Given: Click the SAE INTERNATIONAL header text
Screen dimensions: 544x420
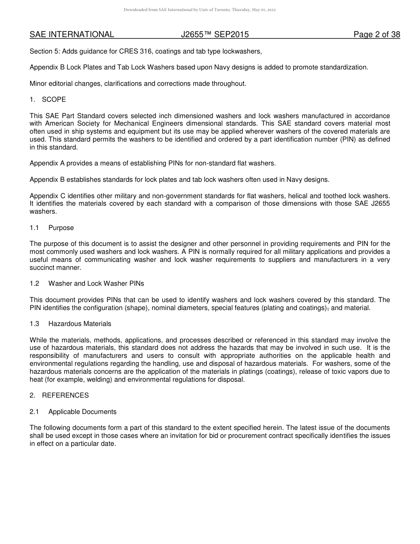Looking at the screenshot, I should tap(72, 34).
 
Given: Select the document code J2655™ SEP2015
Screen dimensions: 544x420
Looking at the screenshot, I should tap(215, 34).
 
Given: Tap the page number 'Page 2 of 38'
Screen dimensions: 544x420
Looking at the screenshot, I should tap(377, 34).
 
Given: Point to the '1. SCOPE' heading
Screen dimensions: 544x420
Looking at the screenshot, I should tap(48, 100).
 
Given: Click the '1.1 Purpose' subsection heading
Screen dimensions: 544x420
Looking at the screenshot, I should tap(52, 228).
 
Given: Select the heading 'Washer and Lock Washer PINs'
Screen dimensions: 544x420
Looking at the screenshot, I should tap(96, 283).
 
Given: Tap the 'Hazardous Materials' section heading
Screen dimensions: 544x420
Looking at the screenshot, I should tap(80, 324).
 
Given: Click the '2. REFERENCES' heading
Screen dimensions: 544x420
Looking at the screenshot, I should tap(59, 395).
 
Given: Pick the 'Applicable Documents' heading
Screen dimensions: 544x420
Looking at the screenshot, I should tap(82, 412).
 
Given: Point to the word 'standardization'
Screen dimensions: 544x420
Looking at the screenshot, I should tap(347, 67).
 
